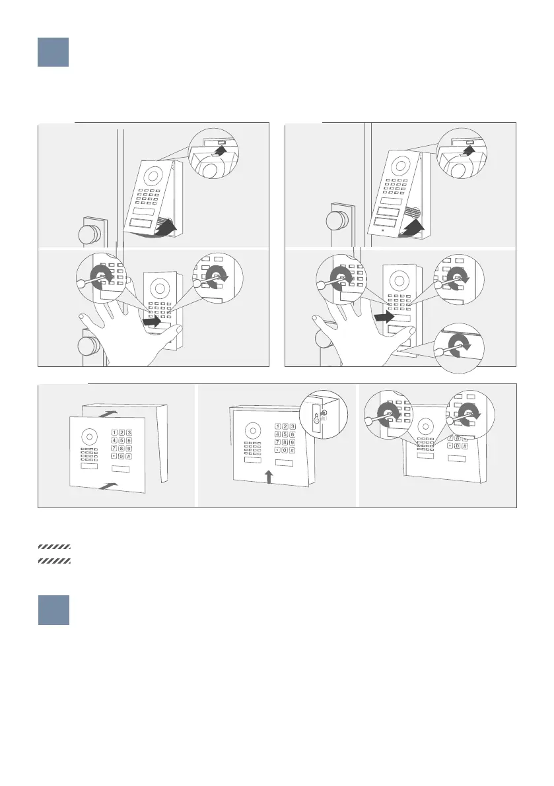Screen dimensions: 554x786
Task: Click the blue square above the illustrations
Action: click(53, 51)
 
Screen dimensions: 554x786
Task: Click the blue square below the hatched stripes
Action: click(53, 610)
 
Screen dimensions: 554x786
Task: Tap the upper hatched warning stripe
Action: click(54, 547)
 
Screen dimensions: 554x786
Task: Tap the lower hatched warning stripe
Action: click(54, 561)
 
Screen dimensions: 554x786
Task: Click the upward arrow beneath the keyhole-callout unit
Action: click(269, 476)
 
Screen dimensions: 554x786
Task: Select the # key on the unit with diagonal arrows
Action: click(129, 456)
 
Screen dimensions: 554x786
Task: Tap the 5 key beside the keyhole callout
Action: click(285, 435)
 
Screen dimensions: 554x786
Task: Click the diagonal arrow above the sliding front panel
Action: click(108, 414)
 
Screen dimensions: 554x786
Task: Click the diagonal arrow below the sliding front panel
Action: click(109, 486)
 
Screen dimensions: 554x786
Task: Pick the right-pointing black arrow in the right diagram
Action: click(385, 317)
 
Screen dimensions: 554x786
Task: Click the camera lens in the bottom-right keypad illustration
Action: click(425, 426)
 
